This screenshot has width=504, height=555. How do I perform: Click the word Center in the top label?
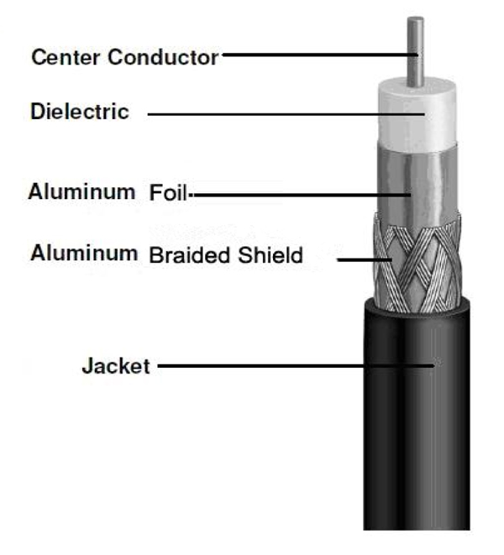tap(66, 57)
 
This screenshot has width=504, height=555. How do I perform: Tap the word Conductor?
tap(163, 57)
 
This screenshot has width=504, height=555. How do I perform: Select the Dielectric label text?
tap(80, 111)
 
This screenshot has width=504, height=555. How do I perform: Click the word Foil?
tap(168, 192)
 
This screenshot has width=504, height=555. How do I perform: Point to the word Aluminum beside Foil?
tap(81, 191)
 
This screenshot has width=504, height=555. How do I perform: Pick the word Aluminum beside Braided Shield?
tap(84, 253)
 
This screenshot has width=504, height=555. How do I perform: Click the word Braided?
tap(190, 255)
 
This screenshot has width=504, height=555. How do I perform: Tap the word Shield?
tap(270, 255)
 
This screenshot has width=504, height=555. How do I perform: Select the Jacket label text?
tap(116, 365)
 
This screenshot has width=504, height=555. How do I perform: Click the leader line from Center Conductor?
tap(320, 55)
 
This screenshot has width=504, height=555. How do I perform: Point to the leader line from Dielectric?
tap(286, 114)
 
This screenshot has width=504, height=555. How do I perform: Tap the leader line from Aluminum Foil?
tap(302, 195)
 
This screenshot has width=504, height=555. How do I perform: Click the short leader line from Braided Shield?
tap(365, 259)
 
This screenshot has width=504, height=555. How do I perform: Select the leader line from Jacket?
tap(296, 365)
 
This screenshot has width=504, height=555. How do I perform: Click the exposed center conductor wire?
tap(415, 51)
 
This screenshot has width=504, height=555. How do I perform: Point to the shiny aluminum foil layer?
tap(417, 184)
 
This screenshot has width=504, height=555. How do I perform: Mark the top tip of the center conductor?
tap(415, 17)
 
